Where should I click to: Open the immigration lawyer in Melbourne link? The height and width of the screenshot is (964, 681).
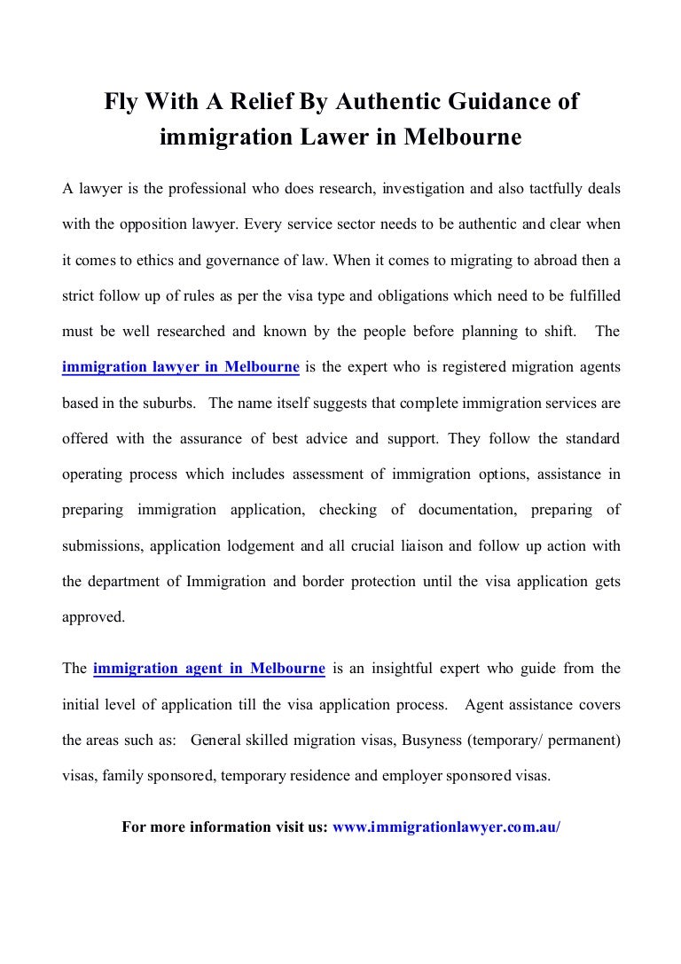coord(180,366)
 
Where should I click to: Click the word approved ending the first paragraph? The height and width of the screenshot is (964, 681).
coord(93,617)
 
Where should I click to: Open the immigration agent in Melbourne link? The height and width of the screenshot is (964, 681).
coord(208,668)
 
